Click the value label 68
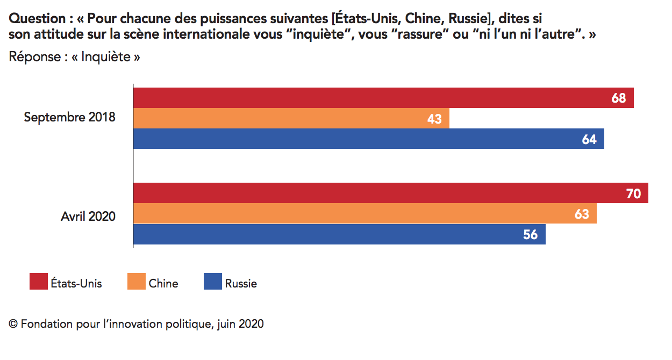point(619,98)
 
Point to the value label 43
point(434,119)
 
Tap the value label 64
point(589,139)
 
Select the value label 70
point(634,193)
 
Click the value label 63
point(582,214)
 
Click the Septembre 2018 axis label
point(69,117)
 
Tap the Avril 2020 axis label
point(88,217)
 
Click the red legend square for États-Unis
point(38,282)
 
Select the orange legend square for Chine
point(137,282)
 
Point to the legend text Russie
point(241,283)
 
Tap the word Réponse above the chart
point(34,57)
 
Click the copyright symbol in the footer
point(13,325)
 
